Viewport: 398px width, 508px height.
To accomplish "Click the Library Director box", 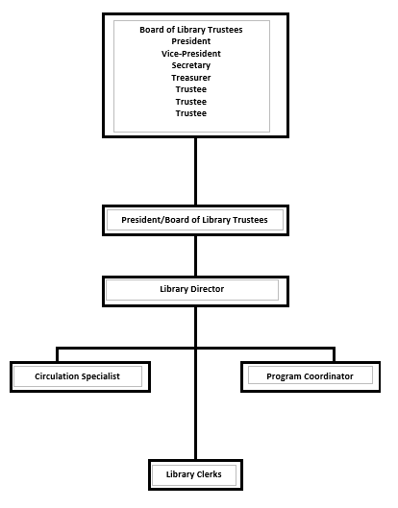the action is point(195,291).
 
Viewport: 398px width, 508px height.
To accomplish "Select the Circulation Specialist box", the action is point(80,376).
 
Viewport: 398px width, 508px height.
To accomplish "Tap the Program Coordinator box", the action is point(311,376).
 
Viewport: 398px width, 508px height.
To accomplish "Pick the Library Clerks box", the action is point(195,474).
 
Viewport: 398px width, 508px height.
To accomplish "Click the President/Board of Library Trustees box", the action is point(195,220).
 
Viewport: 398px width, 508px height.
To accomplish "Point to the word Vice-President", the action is point(191,54).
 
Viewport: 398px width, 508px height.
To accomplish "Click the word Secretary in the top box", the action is point(191,65).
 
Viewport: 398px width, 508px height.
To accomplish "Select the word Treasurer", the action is point(191,78).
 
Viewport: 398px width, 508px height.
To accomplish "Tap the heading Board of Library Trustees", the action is point(191,30).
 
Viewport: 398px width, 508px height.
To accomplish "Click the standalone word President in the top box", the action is point(191,41).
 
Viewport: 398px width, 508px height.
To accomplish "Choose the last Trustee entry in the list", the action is point(191,113).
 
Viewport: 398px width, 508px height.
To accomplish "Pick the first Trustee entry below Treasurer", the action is point(191,89).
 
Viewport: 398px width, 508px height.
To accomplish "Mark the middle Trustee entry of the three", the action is point(191,102).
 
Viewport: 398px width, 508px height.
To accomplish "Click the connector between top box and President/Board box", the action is point(195,171).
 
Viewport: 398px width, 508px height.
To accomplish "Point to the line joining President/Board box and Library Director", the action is point(195,256).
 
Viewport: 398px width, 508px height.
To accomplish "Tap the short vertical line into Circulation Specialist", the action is point(58,354).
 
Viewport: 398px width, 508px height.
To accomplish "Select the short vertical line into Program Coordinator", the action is point(334,354).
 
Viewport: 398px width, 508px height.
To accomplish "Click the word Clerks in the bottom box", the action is point(209,474).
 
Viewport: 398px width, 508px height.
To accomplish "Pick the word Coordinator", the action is point(327,376).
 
